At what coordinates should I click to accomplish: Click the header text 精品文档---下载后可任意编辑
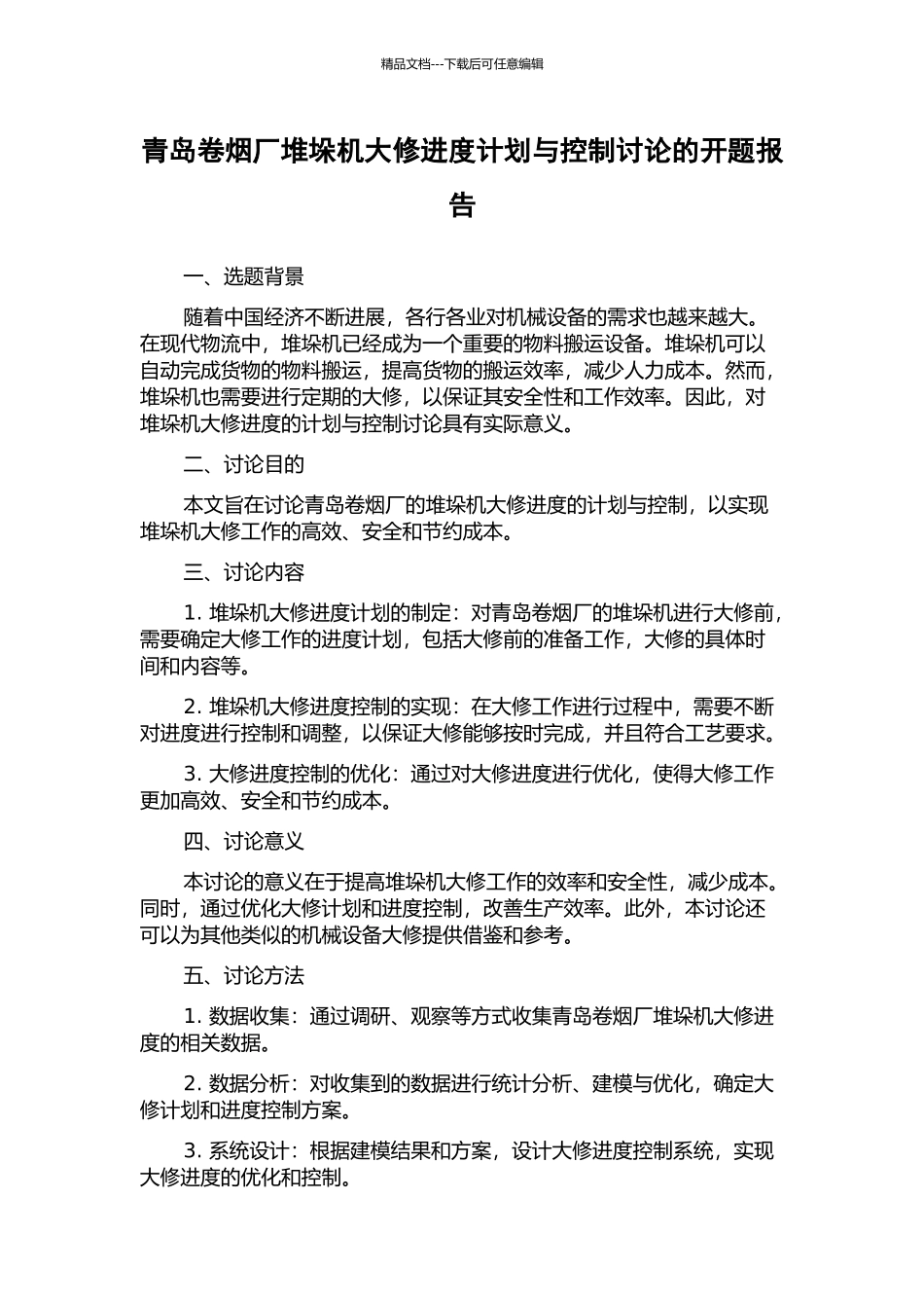point(462,64)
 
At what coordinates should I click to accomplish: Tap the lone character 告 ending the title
point(462,205)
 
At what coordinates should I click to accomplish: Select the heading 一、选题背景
point(243,277)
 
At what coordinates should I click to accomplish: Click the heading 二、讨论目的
point(243,465)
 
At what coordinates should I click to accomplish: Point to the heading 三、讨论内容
point(243,572)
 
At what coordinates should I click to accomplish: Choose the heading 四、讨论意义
point(243,842)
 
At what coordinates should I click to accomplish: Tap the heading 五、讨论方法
point(243,976)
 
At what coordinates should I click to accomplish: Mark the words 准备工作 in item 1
point(584,639)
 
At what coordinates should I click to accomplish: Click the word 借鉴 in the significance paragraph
point(472,936)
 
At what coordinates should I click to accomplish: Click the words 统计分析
point(532,1084)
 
